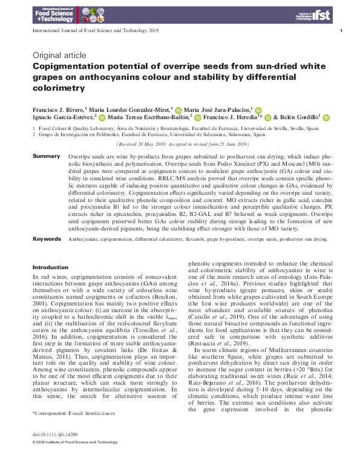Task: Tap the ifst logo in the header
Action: pos(319,14)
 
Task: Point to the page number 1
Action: pos(342,30)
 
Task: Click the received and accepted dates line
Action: pos(182,145)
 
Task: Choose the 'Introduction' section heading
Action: pos(50,267)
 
